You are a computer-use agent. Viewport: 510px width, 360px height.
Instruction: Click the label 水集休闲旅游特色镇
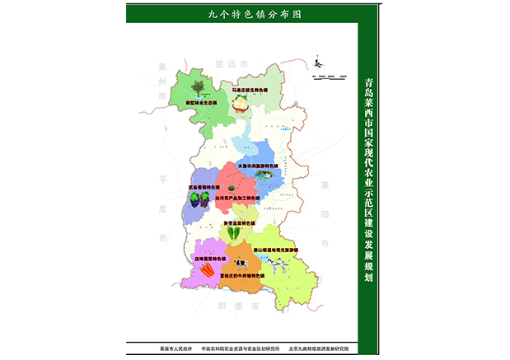point(259,166)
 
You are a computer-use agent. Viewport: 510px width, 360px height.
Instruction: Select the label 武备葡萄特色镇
point(206,187)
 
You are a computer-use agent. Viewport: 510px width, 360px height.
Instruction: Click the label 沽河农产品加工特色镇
point(237,199)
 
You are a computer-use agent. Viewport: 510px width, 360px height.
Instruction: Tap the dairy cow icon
point(242,263)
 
